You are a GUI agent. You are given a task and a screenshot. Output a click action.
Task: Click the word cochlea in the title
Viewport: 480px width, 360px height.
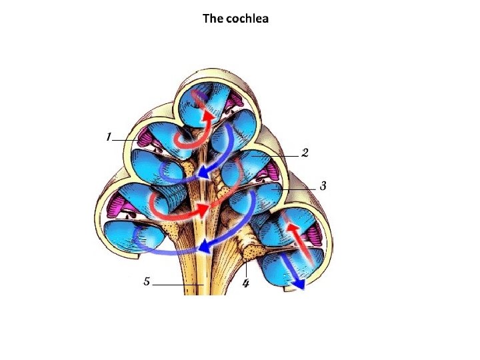pyautogui.click(x=246, y=19)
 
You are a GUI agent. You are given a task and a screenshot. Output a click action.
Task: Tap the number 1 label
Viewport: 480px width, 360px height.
pyautogui.click(x=108, y=137)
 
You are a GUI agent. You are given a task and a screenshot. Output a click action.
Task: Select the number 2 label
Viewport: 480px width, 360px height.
pyautogui.click(x=305, y=153)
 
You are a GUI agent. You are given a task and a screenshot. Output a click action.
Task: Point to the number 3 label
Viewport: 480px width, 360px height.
pyautogui.click(x=323, y=186)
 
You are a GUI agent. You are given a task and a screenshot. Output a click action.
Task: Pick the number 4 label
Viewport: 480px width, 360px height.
pyautogui.click(x=246, y=284)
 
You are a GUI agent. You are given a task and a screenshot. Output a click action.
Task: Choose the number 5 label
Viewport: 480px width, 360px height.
pyautogui.click(x=147, y=281)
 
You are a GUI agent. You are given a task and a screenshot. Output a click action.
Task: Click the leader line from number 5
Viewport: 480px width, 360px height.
pyautogui.click(x=177, y=285)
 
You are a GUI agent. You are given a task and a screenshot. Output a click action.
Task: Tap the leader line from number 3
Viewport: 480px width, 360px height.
pyautogui.click(x=300, y=189)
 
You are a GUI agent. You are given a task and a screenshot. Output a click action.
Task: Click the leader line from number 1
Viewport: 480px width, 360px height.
pyautogui.click(x=127, y=141)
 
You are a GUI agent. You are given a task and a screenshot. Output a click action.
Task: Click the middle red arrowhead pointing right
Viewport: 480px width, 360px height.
pyautogui.click(x=203, y=210)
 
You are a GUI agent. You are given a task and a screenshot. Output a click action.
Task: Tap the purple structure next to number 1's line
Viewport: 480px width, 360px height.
pyautogui.click(x=144, y=138)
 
